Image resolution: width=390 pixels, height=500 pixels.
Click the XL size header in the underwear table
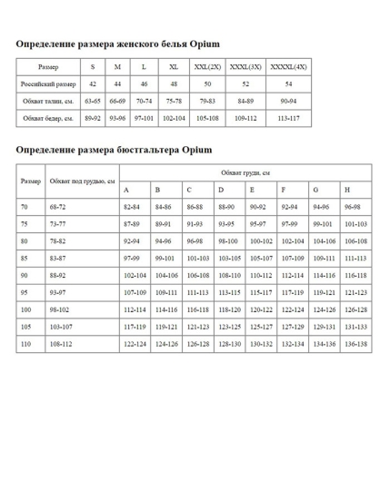tap(173, 67)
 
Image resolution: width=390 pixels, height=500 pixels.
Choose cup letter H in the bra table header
tap(347, 191)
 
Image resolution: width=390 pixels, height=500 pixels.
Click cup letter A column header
tap(126, 191)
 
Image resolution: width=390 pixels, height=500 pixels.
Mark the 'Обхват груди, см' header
tap(245, 172)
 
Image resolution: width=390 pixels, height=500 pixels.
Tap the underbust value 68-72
tap(59, 208)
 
